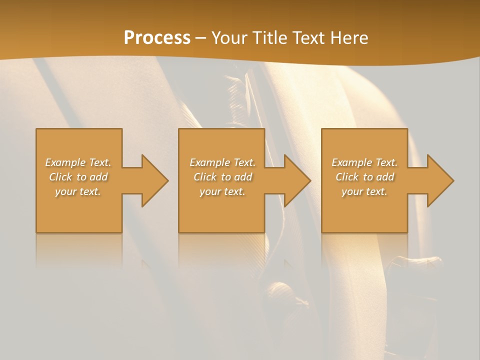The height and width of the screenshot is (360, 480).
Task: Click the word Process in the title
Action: (x=157, y=38)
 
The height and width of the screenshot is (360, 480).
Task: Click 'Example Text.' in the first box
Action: (x=78, y=162)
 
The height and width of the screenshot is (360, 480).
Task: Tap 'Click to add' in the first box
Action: (x=78, y=177)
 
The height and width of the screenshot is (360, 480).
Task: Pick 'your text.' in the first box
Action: (x=78, y=191)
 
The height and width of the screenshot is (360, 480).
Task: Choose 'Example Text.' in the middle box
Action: (x=222, y=162)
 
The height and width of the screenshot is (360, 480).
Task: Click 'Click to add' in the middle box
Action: (x=222, y=177)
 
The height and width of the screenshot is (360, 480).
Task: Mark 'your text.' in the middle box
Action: (x=222, y=191)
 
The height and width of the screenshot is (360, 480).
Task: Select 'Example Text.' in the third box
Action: (x=364, y=162)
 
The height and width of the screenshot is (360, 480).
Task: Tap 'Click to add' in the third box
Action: (x=364, y=177)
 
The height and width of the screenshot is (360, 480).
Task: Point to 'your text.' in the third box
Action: (x=364, y=191)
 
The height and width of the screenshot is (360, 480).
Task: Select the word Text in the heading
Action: (x=308, y=38)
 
